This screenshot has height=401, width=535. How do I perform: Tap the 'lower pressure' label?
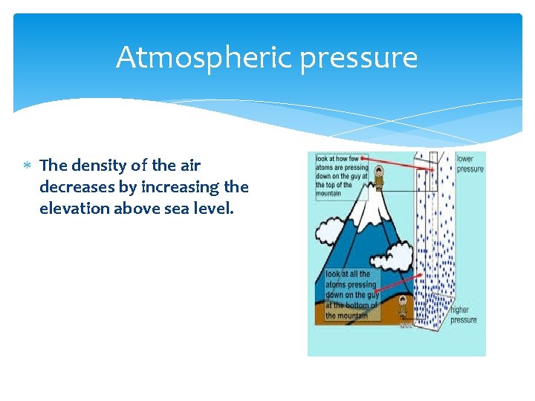click(x=469, y=164)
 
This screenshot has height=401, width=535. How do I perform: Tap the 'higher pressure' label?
click(x=463, y=315)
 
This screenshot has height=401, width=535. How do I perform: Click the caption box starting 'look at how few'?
click(x=342, y=176)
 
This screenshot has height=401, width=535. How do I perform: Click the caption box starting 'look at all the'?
click(x=352, y=295)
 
